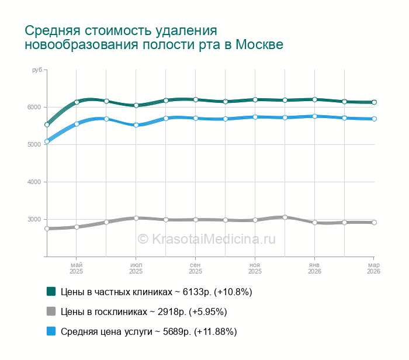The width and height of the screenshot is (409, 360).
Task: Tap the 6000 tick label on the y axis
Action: (x=33, y=107)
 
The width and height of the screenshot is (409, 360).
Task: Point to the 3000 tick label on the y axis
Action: (x=33, y=219)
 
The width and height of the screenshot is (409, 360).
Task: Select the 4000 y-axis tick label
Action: (x=33, y=182)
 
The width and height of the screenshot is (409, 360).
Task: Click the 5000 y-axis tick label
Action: (x=33, y=144)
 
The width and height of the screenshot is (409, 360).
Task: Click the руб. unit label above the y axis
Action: (x=36, y=70)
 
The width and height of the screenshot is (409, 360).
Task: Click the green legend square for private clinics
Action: (x=51, y=291)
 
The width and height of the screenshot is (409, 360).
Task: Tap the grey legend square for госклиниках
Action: (x=51, y=311)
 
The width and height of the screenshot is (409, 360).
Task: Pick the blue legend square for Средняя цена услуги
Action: (x=51, y=331)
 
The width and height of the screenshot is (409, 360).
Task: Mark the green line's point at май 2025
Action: (x=77, y=102)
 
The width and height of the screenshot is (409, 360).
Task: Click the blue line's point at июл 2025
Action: (x=136, y=125)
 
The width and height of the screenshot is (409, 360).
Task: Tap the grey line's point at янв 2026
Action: (x=314, y=223)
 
